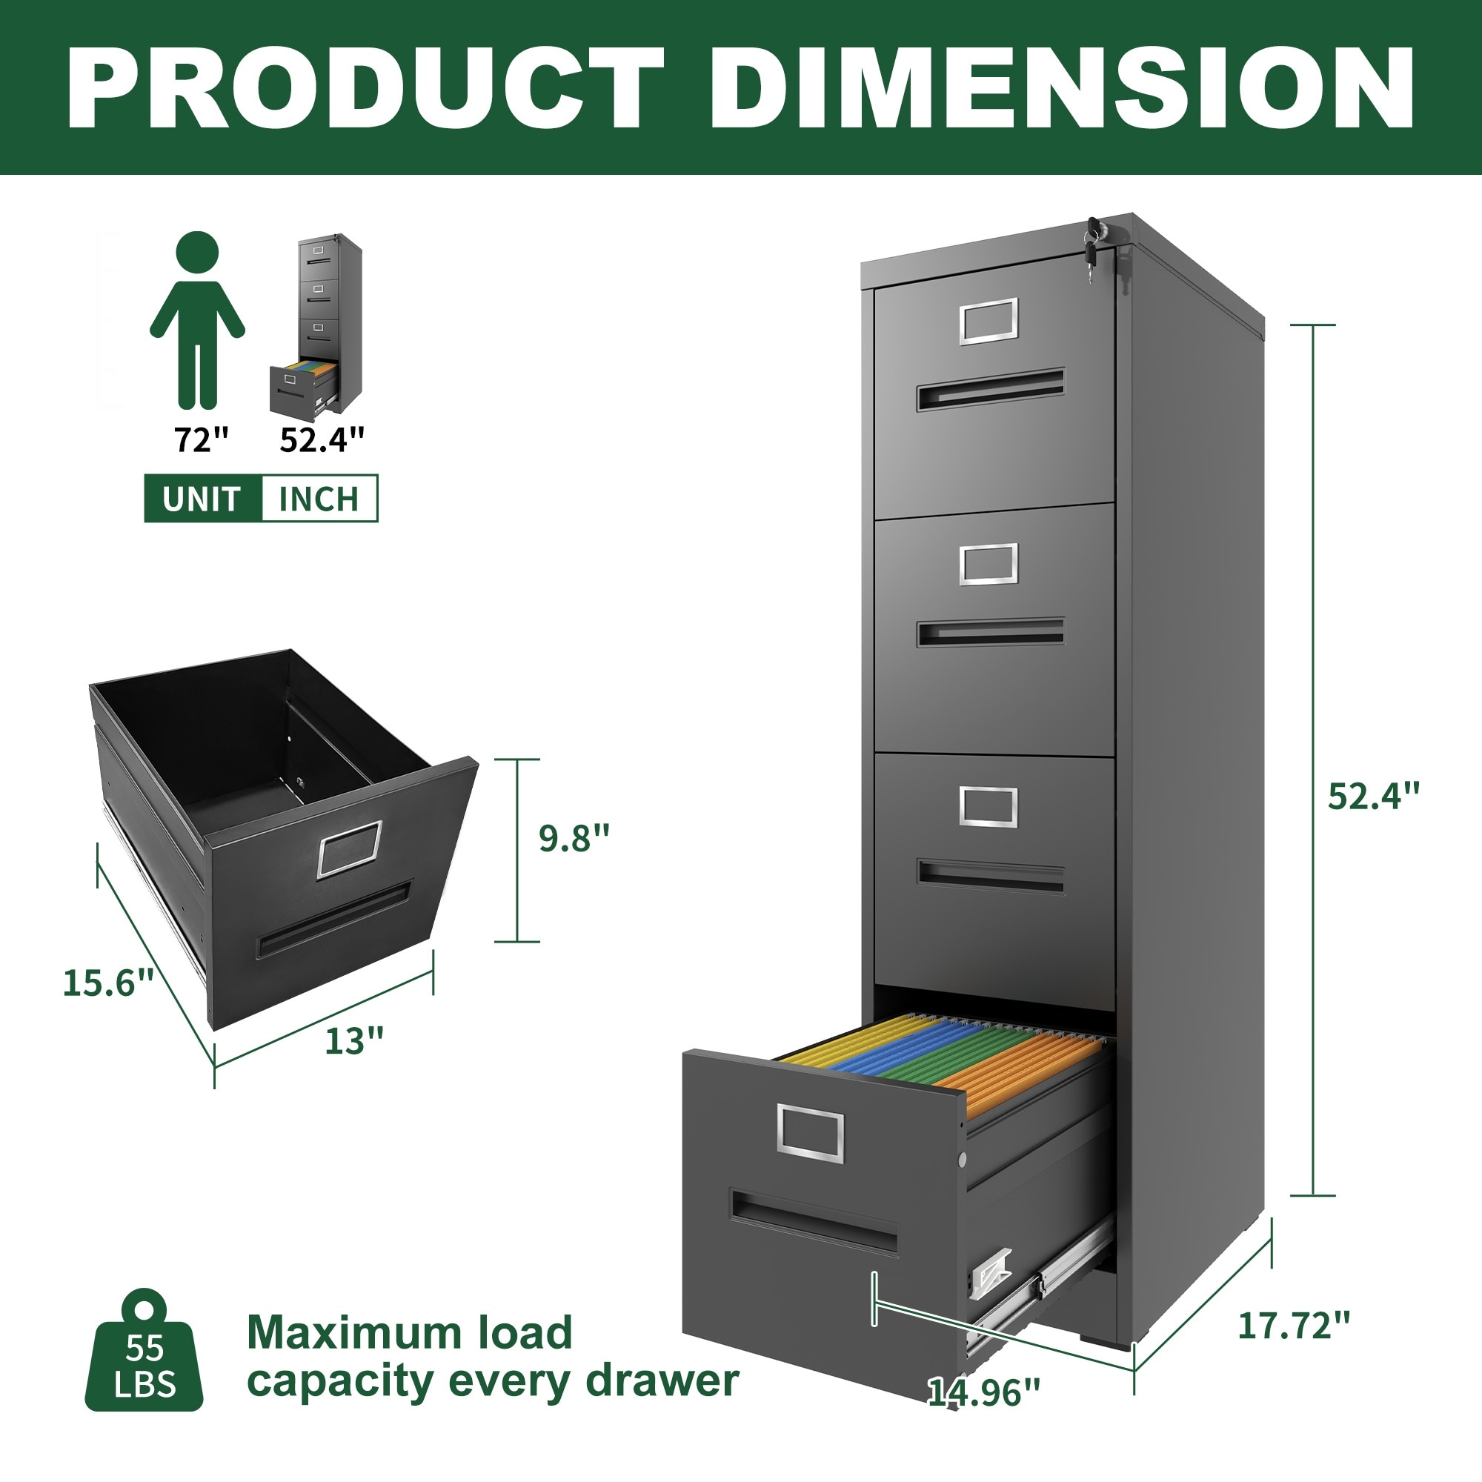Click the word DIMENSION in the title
(1061, 88)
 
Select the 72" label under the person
(202, 439)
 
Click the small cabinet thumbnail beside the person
(316, 326)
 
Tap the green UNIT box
(202, 499)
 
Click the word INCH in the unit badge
(319, 499)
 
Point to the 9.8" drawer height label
(574, 837)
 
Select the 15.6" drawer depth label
(108, 983)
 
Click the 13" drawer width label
(354, 1041)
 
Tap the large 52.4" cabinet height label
(1374, 795)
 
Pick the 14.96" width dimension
(984, 1392)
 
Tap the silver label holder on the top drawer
(988, 320)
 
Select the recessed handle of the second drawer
(990, 632)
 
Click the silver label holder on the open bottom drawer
(810, 1132)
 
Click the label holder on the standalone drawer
(350, 848)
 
